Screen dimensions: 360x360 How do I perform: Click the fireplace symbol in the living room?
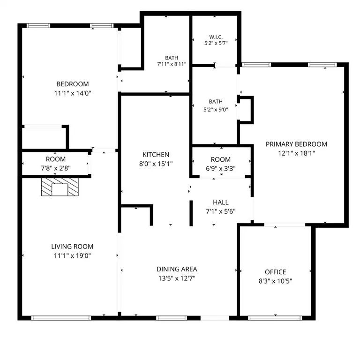pyautogui.click(x=60, y=187)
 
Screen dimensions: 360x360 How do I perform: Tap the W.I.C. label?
pyautogui.click(x=216, y=37)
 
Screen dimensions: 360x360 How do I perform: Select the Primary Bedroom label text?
pyautogui.click(x=296, y=144)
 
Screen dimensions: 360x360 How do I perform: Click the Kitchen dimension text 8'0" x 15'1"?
pyautogui.click(x=156, y=164)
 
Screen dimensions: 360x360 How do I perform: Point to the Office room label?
pyautogui.click(x=276, y=272)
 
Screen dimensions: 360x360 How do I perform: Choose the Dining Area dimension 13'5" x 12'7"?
pyautogui.click(x=177, y=278)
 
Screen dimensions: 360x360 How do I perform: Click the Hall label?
pyautogui.click(x=221, y=202)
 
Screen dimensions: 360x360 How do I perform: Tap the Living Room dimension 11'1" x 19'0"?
pyautogui.click(x=72, y=255)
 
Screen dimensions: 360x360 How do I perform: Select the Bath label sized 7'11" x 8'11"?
pyautogui.click(x=172, y=58)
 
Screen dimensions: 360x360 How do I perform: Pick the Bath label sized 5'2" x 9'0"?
pyautogui.click(x=216, y=101)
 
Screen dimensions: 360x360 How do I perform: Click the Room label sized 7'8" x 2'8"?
pyautogui.click(x=56, y=159)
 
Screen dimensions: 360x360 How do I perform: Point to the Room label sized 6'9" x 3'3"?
pyautogui.click(x=221, y=159)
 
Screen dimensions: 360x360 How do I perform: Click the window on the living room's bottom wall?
pyautogui.click(x=61, y=318)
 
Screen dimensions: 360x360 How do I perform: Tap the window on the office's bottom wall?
pyautogui.click(x=275, y=318)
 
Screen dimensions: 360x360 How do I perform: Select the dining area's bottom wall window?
pyautogui.click(x=172, y=318)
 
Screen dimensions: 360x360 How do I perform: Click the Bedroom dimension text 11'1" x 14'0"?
pyautogui.click(x=73, y=93)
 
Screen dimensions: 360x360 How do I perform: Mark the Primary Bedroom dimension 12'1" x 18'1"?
pyautogui.click(x=296, y=153)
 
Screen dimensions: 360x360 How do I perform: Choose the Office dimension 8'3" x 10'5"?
pyautogui.click(x=276, y=281)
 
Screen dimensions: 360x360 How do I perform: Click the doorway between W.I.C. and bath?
pyautogui.click(x=225, y=66)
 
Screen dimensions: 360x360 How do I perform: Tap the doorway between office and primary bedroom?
pyautogui.click(x=285, y=225)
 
